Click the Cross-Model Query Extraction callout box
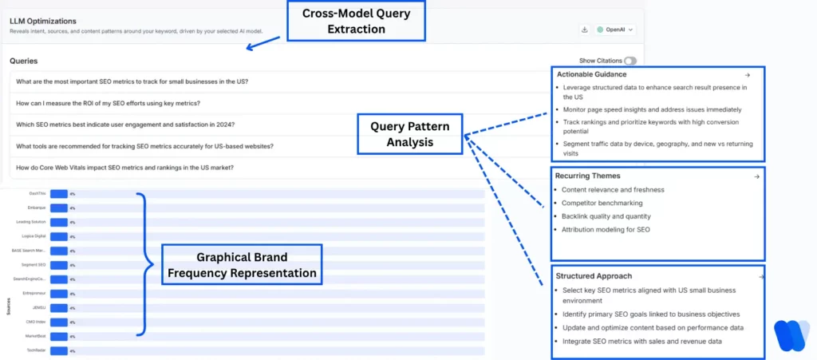click(x=355, y=21)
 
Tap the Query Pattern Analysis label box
click(x=409, y=134)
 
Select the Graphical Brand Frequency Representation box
click(x=242, y=265)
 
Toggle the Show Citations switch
click(x=630, y=61)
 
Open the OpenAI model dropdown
click(x=616, y=30)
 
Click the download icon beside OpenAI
click(x=585, y=30)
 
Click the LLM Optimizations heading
click(x=43, y=21)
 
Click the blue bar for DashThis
click(x=58, y=194)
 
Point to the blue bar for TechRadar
click(x=58, y=350)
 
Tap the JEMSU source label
click(x=38, y=307)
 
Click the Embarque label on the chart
click(x=37, y=208)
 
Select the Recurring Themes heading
click(x=590, y=176)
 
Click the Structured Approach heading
click(x=594, y=276)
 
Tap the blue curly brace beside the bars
click(x=144, y=263)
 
